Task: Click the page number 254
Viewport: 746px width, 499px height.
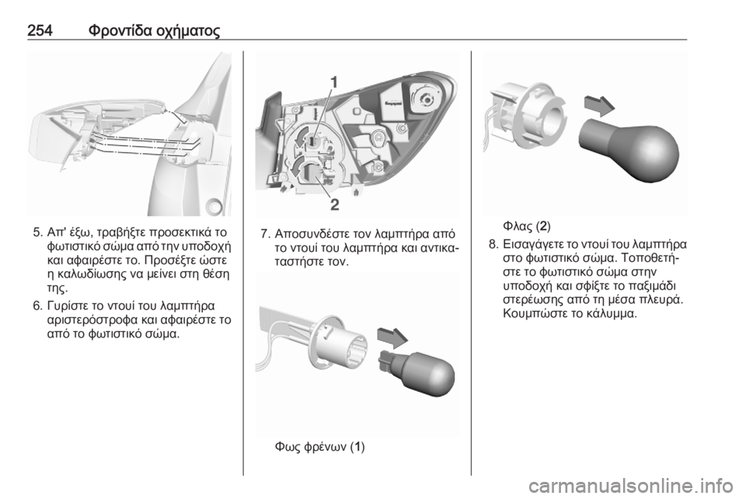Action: point(40,30)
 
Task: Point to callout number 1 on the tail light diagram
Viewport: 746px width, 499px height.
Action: point(334,82)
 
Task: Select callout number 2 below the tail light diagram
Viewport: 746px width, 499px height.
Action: point(335,204)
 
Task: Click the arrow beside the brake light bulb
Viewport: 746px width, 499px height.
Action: point(392,337)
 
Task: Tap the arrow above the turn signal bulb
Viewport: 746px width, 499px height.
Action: point(599,106)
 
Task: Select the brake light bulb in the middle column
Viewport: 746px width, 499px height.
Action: point(417,372)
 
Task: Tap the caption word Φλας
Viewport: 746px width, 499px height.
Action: point(518,225)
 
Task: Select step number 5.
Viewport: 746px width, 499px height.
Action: point(37,233)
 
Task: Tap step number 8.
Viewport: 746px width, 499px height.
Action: point(493,245)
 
